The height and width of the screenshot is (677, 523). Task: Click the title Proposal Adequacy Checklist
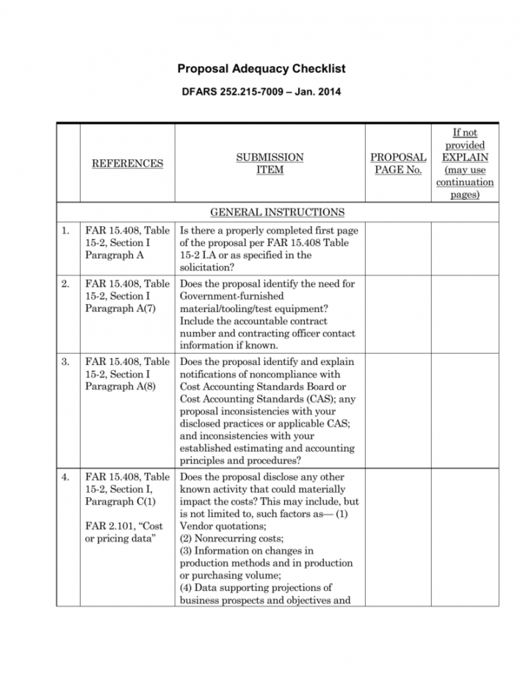(261, 69)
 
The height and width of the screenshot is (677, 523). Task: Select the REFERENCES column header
(127, 163)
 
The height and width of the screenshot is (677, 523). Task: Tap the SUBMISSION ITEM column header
(270, 163)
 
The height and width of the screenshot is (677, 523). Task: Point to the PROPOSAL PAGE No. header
(397, 163)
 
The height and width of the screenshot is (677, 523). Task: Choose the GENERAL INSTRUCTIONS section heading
(277, 212)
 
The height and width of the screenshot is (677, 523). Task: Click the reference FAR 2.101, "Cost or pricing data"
(123, 532)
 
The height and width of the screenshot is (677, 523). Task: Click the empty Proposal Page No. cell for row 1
(397, 249)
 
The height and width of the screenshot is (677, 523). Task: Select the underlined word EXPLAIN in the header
(464, 157)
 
